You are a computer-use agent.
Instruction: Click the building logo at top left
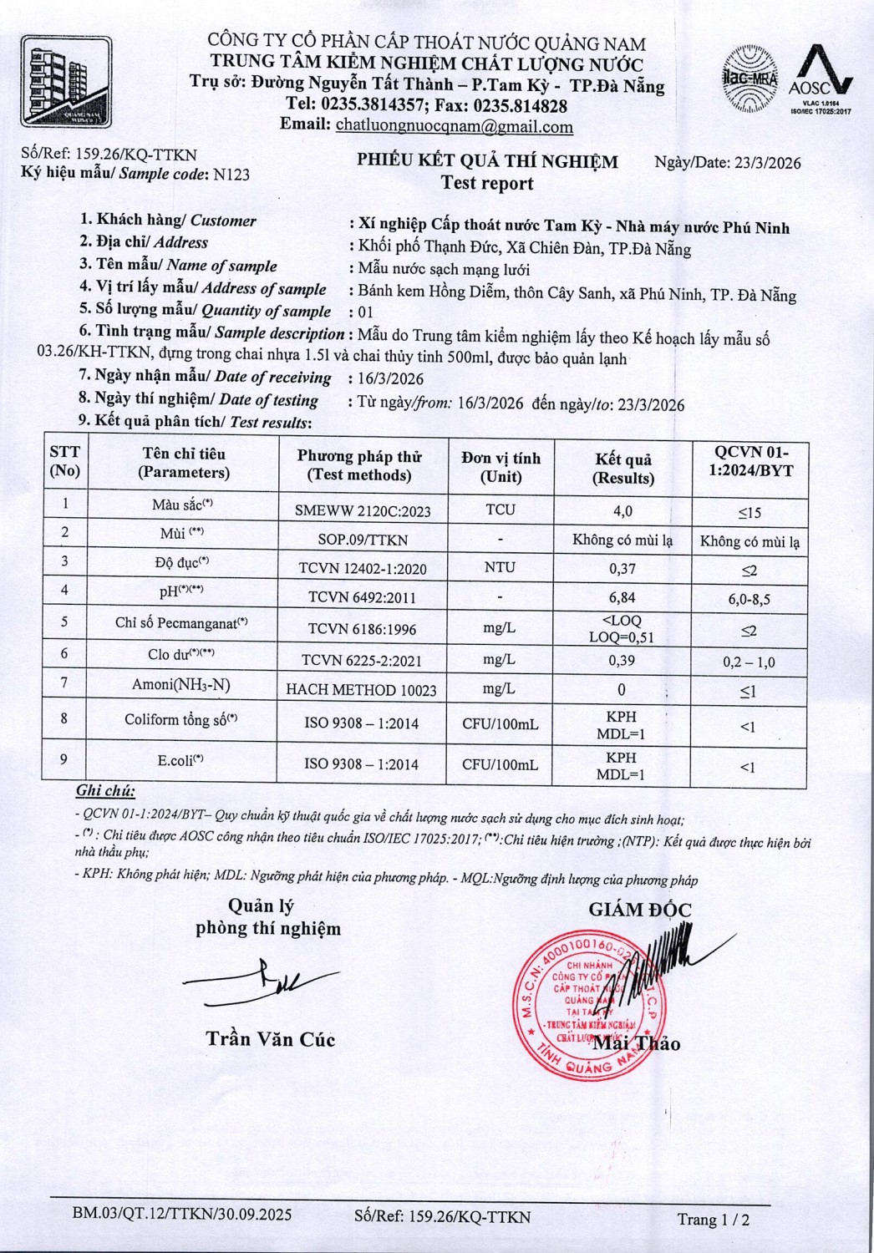click(x=66, y=82)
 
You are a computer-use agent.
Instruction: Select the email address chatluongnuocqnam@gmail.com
click(x=454, y=127)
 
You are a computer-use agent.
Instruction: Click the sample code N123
click(x=231, y=175)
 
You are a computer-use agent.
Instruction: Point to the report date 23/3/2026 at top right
click(x=767, y=163)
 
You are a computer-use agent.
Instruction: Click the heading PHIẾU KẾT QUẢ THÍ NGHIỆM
click(x=487, y=161)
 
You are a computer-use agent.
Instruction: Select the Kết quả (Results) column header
click(x=622, y=469)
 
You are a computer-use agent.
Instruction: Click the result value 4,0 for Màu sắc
click(x=622, y=511)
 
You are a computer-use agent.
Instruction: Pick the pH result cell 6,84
click(x=622, y=597)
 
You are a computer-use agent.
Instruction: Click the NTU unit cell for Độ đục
click(x=500, y=567)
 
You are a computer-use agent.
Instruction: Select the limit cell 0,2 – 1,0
click(x=749, y=662)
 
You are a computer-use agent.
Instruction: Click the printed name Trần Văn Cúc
click(x=271, y=1040)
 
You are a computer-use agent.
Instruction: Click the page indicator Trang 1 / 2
click(x=713, y=1220)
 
